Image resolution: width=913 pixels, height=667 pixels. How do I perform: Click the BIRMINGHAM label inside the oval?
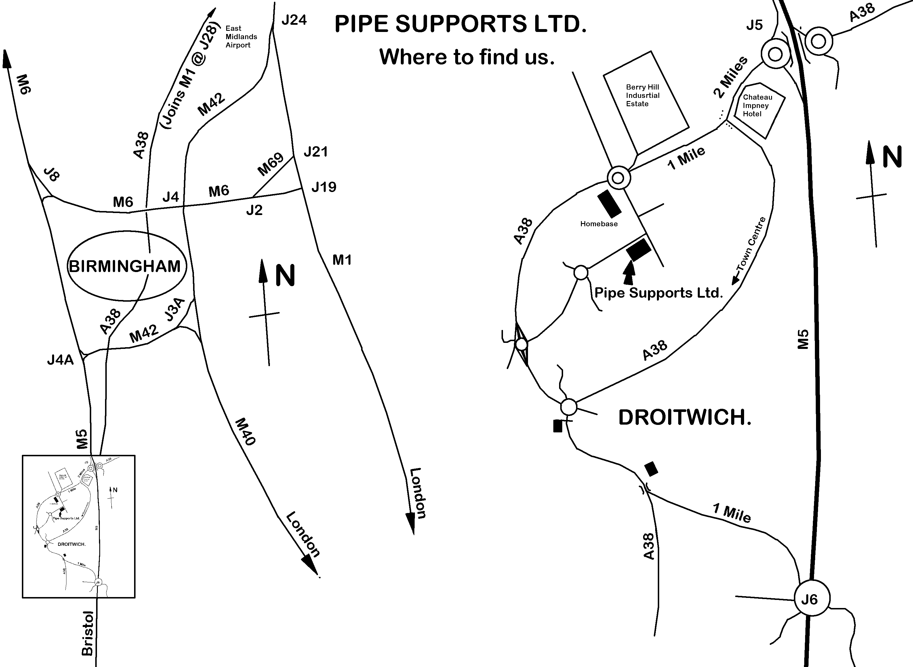(x=125, y=267)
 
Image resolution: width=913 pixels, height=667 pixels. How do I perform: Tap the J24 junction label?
(x=294, y=20)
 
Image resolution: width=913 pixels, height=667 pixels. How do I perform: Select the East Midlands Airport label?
(x=241, y=37)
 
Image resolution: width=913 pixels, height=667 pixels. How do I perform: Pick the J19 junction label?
(x=324, y=187)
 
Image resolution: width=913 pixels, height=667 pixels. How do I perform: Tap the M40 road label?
(x=245, y=432)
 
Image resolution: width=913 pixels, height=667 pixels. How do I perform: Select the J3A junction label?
(x=175, y=310)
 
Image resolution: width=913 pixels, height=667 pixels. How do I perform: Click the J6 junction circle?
(x=812, y=599)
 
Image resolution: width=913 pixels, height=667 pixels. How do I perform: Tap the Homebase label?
(x=599, y=224)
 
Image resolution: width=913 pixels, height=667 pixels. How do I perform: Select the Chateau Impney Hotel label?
(x=757, y=105)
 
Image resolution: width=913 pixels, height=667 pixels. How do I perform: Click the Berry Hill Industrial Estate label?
(x=642, y=95)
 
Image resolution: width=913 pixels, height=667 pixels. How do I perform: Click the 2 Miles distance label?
(x=731, y=77)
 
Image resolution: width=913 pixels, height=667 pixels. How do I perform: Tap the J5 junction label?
(x=754, y=25)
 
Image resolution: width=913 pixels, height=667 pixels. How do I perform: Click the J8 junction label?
(x=51, y=174)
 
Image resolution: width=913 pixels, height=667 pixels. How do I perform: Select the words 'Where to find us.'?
(x=467, y=57)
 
